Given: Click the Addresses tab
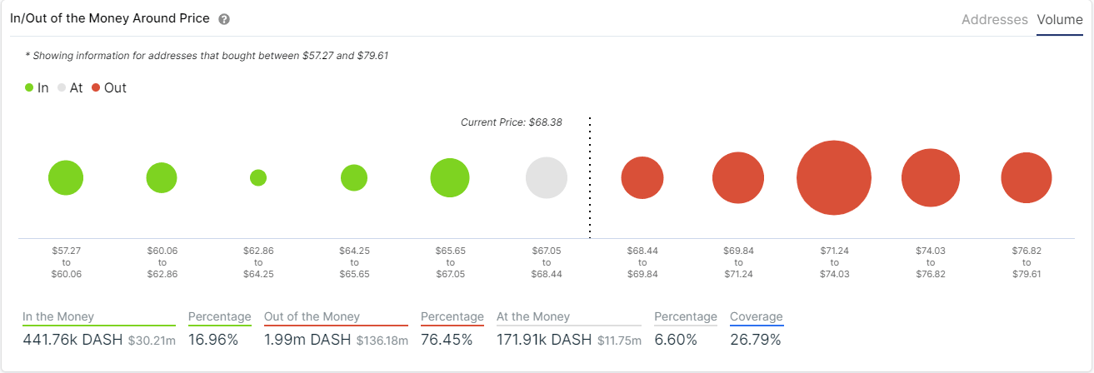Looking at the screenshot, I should pyautogui.click(x=994, y=19).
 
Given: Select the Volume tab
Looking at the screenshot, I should pyautogui.click(x=1060, y=19).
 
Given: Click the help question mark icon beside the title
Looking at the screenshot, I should pyautogui.click(x=224, y=19).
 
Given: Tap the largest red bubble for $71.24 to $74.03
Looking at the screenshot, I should pyautogui.click(x=834, y=178).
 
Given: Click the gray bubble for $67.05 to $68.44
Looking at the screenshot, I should pyautogui.click(x=547, y=178).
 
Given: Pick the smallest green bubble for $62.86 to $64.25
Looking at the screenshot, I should pyautogui.click(x=258, y=177).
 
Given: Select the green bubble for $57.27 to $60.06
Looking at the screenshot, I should pyautogui.click(x=66, y=178).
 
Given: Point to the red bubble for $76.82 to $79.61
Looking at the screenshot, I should pyautogui.click(x=1027, y=178).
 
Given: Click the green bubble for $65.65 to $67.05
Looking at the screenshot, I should pyautogui.click(x=450, y=178).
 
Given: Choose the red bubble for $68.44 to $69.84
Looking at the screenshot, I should pyautogui.click(x=642, y=178).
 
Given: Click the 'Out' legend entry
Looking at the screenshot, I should pyautogui.click(x=109, y=87).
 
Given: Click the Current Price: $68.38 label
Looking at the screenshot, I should pyautogui.click(x=511, y=122).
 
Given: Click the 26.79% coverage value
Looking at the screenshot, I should pyautogui.click(x=756, y=340).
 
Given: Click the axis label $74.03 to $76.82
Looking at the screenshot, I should pyautogui.click(x=931, y=262).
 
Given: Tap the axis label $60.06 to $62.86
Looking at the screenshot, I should pyautogui.click(x=162, y=262).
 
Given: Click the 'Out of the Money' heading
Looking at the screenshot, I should pyautogui.click(x=312, y=316).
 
